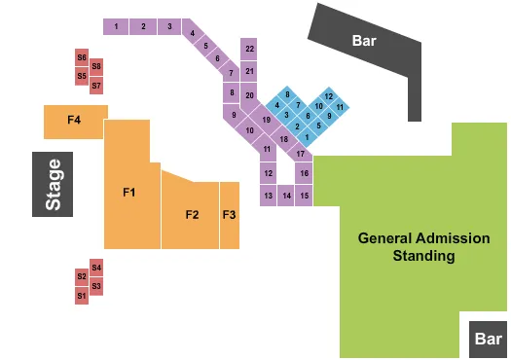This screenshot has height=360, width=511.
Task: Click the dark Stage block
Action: [x=53, y=184]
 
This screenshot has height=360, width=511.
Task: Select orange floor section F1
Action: [x=128, y=193]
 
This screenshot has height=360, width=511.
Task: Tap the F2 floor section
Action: [x=192, y=214]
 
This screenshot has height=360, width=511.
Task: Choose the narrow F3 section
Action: [x=229, y=214]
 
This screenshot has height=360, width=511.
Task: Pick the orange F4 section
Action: [x=74, y=121]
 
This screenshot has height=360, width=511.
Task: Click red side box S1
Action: [x=82, y=295]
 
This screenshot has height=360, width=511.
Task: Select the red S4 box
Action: [x=96, y=267]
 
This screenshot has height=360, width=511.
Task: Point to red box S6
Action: [x=82, y=56]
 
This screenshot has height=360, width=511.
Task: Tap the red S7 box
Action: [x=96, y=86]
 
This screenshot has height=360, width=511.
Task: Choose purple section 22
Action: [x=250, y=49]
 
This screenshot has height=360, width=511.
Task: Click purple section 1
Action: [x=116, y=26]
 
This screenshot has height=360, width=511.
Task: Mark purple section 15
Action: [x=305, y=196]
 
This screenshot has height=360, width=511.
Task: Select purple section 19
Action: [x=265, y=120]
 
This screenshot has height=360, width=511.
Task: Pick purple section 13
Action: [x=268, y=196]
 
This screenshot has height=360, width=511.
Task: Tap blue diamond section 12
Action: [x=329, y=95]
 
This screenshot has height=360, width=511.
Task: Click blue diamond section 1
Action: [x=307, y=136]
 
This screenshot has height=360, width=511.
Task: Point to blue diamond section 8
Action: [x=288, y=93]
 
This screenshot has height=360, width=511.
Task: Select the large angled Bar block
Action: [x=365, y=42]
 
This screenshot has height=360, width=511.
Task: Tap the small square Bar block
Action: [x=488, y=340]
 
